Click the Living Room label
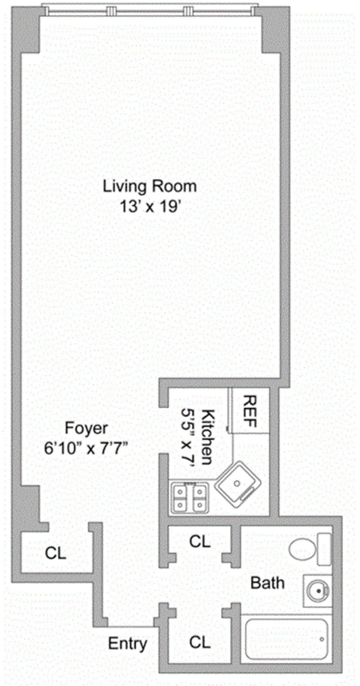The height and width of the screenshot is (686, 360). (x=150, y=186)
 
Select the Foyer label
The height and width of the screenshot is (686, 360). (x=86, y=428)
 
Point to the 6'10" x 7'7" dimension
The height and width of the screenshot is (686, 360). (x=87, y=449)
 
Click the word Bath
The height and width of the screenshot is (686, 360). (x=267, y=583)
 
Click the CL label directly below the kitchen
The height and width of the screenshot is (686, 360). (x=200, y=541)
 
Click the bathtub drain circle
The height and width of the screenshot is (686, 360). (x=322, y=638)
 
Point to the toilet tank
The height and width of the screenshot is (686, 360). (x=325, y=549)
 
